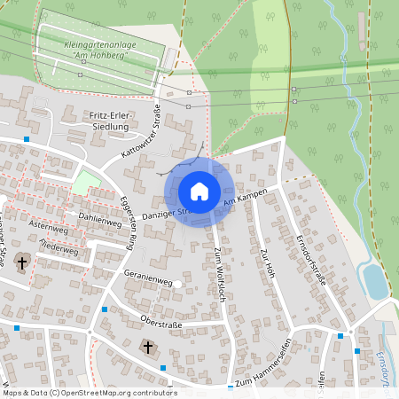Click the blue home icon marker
[x=199, y=192]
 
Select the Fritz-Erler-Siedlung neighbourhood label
[x=112, y=121]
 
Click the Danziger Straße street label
[x=163, y=214]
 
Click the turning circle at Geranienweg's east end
[x=177, y=284]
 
